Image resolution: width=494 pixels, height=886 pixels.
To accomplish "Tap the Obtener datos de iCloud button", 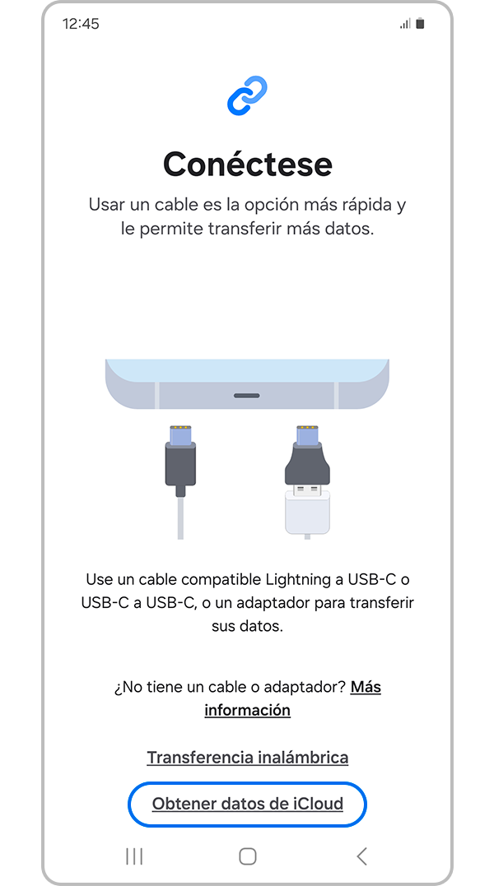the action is pos(248,804).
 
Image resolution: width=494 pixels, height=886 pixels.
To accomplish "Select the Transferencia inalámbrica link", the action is pos(248,757).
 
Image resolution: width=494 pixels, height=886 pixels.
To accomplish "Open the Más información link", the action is pos(291,698).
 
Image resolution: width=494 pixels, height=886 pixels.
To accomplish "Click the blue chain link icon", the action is pos(248,95).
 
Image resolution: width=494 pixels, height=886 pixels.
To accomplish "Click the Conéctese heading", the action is pos(248,165).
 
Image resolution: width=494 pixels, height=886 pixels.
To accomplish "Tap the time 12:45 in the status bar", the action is pos(81,24).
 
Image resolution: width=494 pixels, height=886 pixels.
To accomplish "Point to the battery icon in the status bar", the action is pos(420,24).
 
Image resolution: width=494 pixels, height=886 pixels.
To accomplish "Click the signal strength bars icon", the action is pos(405,24).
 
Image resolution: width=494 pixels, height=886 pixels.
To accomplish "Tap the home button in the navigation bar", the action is pos(248,856).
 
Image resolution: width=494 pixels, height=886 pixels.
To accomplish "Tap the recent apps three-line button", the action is pos(134,856).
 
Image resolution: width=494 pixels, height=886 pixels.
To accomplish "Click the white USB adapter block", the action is pos(307,512).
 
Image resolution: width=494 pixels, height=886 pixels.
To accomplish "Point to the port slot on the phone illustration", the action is pos(247,396).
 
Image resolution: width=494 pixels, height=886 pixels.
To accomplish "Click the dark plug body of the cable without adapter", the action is pos(180,463).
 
